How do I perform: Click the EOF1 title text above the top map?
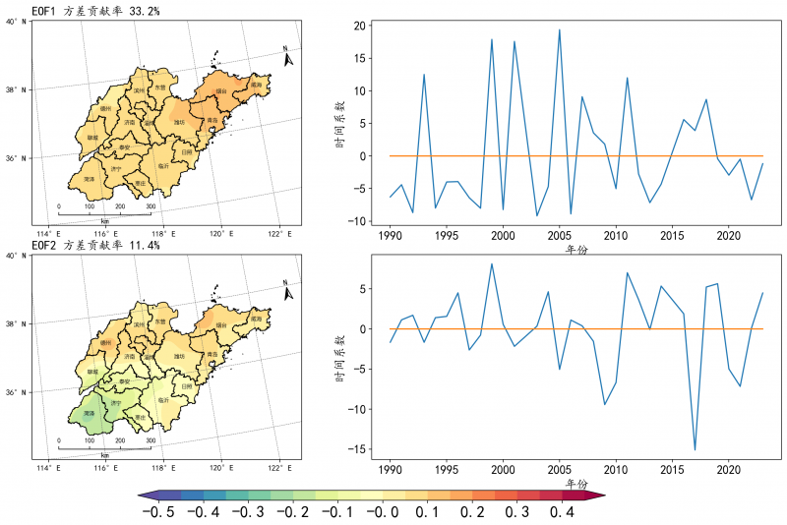click(x=95, y=9)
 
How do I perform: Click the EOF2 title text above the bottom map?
click(x=95, y=245)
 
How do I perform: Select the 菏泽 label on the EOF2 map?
click(x=89, y=414)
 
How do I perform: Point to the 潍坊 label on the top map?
click(x=179, y=122)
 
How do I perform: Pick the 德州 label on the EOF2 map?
click(x=105, y=343)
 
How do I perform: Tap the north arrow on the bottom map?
click(x=287, y=292)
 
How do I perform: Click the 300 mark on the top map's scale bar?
click(x=151, y=206)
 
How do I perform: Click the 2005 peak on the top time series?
click(x=560, y=29)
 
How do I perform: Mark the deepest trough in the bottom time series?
click(x=695, y=449)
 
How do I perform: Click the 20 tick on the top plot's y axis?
click(x=362, y=26)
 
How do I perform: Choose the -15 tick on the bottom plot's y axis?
click(x=359, y=449)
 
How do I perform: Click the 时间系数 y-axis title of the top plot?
click(x=339, y=122)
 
